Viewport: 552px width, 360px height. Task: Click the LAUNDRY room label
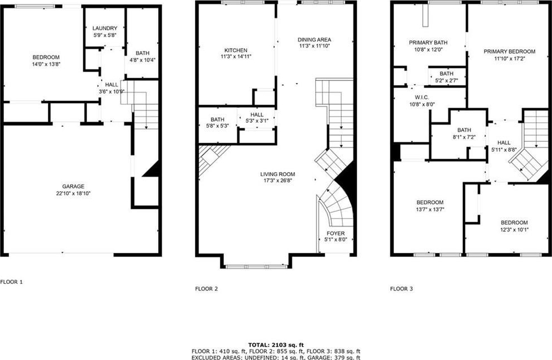pyautogui.click(x=105, y=28)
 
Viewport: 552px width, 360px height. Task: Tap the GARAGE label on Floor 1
pyautogui.click(x=73, y=187)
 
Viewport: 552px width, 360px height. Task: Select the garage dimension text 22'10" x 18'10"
pyautogui.click(x=73, y=193)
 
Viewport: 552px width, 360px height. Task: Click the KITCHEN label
pyautogui.click(x=236, y=50)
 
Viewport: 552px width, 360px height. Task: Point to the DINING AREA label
pyautogui.click(x=314, y=40)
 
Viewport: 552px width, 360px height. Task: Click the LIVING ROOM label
pyautogui.click(x=278, y=174)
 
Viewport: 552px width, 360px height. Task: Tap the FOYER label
pyautogui.click(x=335, y=233)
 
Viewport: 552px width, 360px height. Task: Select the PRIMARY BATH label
pyautogui.click(x=429, y=43)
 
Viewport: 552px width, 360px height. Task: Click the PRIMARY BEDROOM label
pyautogui.click(x=509, y=52)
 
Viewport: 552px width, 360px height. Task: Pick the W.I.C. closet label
pyautogui.click(x=422, y=98)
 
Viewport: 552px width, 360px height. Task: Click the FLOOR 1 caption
pyautogui.click(x=11, y=282)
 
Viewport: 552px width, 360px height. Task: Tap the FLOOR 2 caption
pyautogui.click(x=206, y=289)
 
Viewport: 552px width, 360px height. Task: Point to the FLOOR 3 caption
pyautogui.click(x=401, y=289)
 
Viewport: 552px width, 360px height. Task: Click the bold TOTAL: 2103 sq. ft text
pyautogui.click(x=276, y=345)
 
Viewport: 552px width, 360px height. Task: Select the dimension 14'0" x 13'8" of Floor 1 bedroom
pyautogui.click(x=46, y=64)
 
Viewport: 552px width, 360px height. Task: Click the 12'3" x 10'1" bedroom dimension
pyautogui.click(x=514, y=229)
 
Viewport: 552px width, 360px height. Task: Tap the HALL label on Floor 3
pyautogui.click(x=504, y=142)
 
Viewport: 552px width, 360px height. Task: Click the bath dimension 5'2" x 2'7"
pyautogui.click(x=447, y=80)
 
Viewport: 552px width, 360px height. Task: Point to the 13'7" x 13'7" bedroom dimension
pyautogui.click(x=430, y=209)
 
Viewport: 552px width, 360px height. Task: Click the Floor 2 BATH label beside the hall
pyautogui.click(x=217, y=119)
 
